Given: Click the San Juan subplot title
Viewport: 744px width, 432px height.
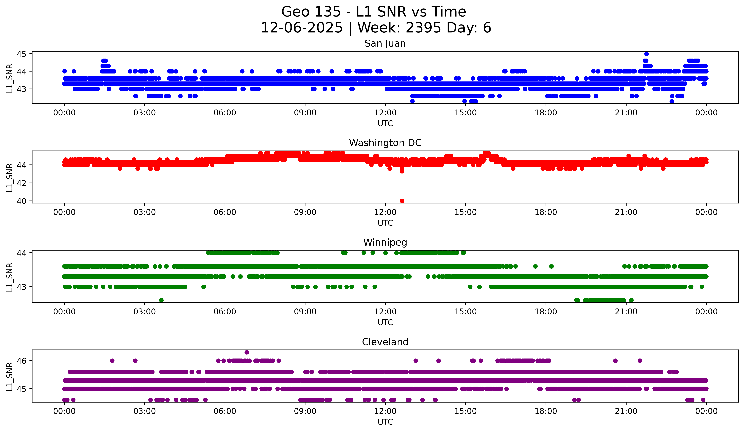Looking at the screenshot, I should click(385, 43).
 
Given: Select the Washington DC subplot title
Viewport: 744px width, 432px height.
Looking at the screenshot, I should click(385, 143).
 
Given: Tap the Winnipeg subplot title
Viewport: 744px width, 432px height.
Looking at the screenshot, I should click(385, 242).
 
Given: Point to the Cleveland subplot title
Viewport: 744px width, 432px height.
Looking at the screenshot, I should click(385, 342).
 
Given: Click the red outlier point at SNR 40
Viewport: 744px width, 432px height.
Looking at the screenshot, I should click(402, 201).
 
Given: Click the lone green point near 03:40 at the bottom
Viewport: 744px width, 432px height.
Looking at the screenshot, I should click(161, 300).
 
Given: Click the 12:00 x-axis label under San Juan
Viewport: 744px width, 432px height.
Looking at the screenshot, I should click(385, 113).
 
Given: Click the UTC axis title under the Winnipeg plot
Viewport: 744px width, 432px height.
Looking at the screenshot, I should click(385, 322).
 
